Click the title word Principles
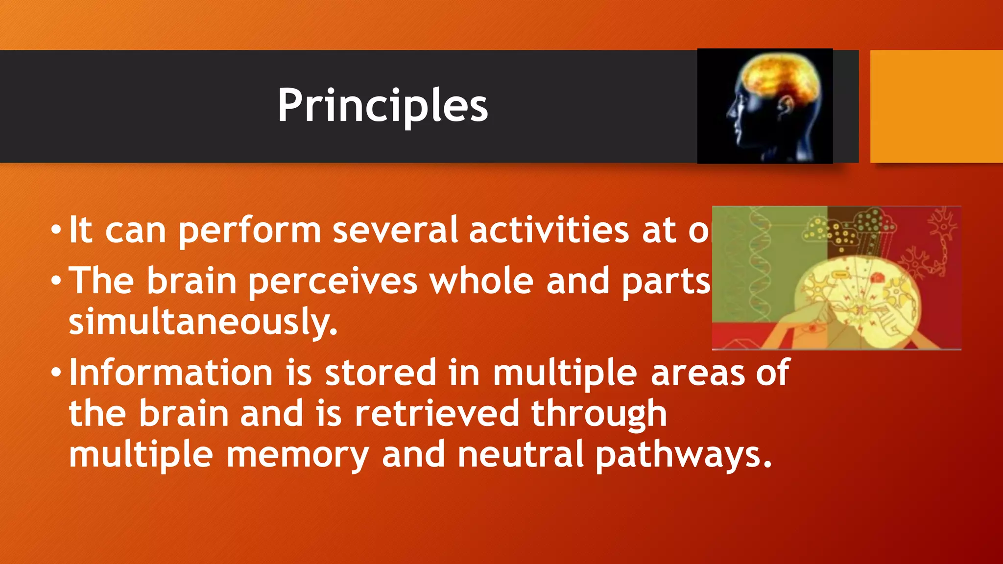pyautogui.click(x=382, y=106)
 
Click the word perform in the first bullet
pyautogui.click(x=249, y=231)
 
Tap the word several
pyautogui.click(x=395, y=230)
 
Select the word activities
pyautogui.click(x=549, y=230)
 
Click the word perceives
pyautogui.click(x=333, y=282)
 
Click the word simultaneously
pyautogui.click(x=203, y=322)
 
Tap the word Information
pyautogui.click(x=171, y=373)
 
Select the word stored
pyautogui.click(x=381, y=373)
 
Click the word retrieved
pyautogui.click(x=436, y=414)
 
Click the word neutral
pyautogui.click(x=521, y=454)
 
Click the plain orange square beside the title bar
pyautogui.click(x=936, y=106)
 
